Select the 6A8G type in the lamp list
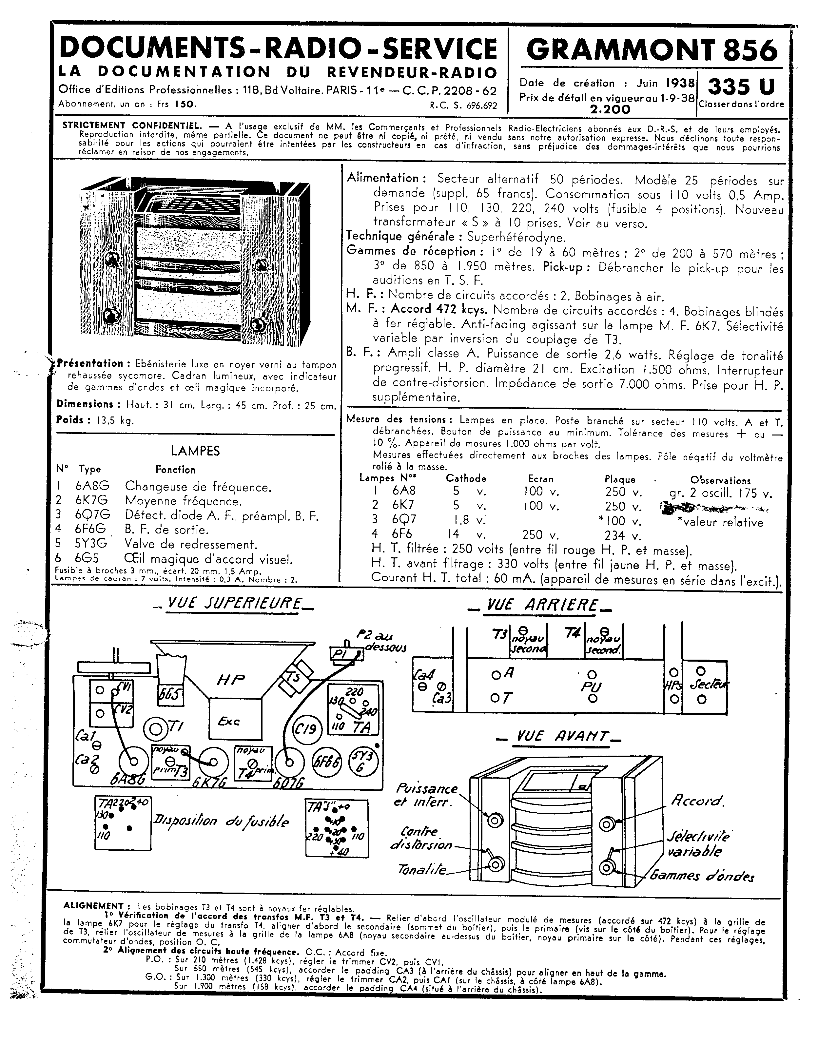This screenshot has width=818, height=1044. coord(92,487)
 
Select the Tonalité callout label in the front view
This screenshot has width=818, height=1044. coord(422,870)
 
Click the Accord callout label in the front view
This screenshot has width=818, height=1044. coord(697,800)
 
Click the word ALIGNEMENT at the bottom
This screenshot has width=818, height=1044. coord(93,906)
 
